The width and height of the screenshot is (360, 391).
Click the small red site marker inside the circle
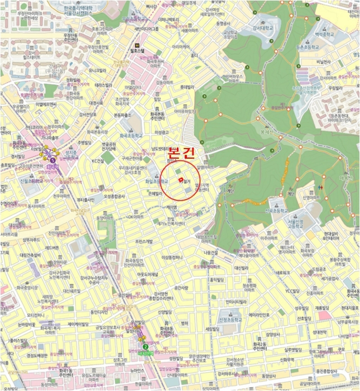pyautogui.click(x=180, y=179)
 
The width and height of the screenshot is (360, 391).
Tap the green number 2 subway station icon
pyautogui.click(x=146, y=346)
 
